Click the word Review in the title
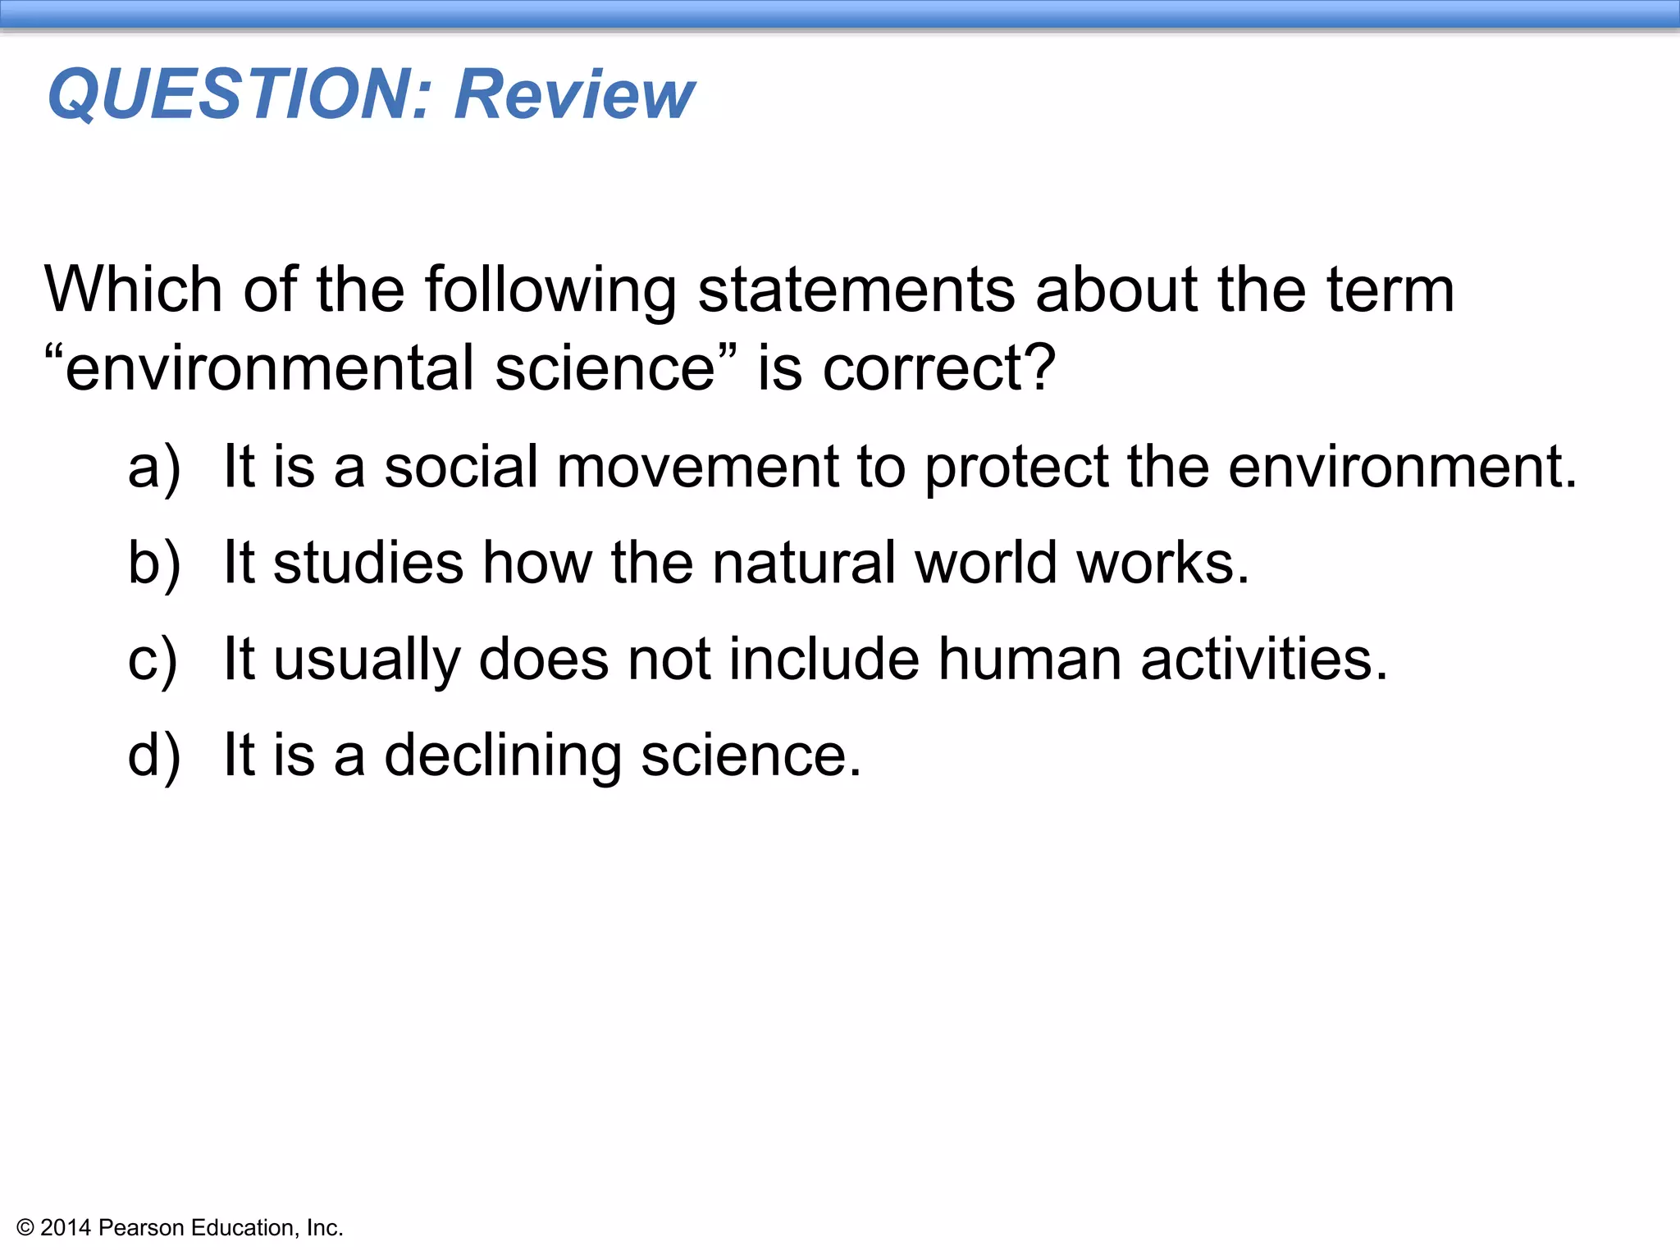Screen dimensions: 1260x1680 (x=574, y=94)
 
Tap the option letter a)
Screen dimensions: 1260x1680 (x=153, y=468)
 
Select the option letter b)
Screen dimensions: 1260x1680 (x=153, y=564)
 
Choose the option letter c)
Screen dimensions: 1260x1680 (x=153, y=660)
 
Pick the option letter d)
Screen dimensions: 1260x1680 (x=153, y=756)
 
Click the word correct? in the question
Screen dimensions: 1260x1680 (x=938, y=368)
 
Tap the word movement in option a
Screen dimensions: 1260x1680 (x=697, y=468)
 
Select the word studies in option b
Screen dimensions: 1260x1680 (x=368, y=564)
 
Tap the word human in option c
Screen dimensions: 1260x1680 (x=1029, y=660)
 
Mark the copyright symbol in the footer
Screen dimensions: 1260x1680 (x=25, y=1228)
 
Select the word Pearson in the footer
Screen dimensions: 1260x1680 (x=140, y=1228)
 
